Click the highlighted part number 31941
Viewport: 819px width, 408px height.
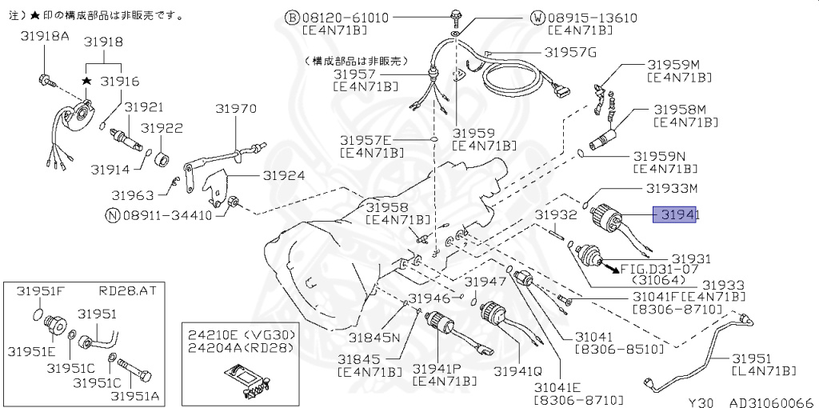[677, 215]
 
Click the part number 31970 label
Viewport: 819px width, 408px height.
[235, 108]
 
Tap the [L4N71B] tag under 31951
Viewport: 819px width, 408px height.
[765, 370]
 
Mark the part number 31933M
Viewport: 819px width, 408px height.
[672, 189]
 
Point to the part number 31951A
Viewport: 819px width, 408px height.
[140, 396]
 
